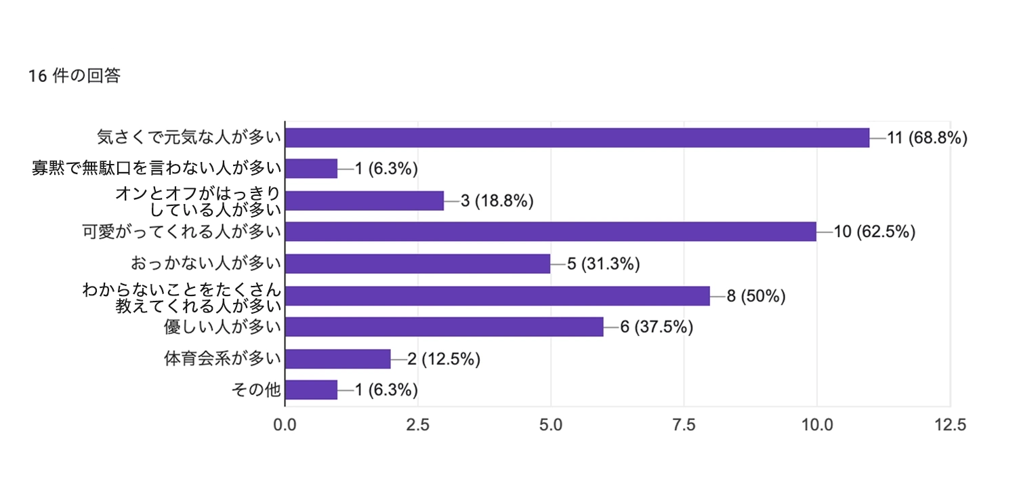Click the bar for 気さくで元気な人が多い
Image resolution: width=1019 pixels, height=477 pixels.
(x=577, y=138)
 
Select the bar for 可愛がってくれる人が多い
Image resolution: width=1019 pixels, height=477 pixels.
(x=550, y=232)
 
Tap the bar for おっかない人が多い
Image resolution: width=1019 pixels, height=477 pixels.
(x=417, y=264)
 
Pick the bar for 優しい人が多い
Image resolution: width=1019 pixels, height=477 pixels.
(x=444, y=327)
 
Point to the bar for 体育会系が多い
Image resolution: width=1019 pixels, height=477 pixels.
(x=337, y=358)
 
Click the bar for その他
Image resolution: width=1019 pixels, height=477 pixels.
(x=311, y=390)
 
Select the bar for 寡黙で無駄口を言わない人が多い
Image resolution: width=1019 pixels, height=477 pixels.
(x=311, y=169)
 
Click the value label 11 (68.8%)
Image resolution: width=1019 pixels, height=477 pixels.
(x=927, y=138)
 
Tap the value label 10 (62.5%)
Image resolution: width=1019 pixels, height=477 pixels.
(x=875, y=232)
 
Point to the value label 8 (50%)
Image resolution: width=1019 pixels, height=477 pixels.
(x=756, y=296)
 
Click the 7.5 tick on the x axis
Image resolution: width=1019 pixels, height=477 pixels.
(x=684, y=426)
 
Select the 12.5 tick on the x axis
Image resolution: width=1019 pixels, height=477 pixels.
(x=950, y=426)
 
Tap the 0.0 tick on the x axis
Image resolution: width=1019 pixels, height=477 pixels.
(x=285, y=426)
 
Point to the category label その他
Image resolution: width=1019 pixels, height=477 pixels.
(x=256, y=390)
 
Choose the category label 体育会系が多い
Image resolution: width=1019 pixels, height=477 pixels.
(x=222, y=358)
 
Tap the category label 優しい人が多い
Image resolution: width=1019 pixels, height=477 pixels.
(x=222, y=327)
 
